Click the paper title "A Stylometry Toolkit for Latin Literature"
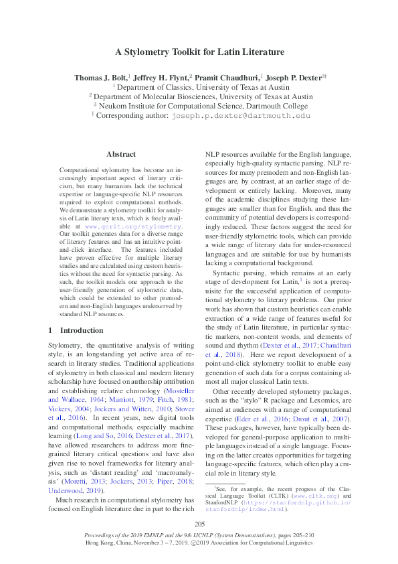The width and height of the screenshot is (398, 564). (x=199, y=52)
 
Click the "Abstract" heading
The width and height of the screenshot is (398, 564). (x=121, y=154)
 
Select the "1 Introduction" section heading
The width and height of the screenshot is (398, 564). (x=76, y=331)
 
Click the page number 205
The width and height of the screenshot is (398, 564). (x=199, y=523)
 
